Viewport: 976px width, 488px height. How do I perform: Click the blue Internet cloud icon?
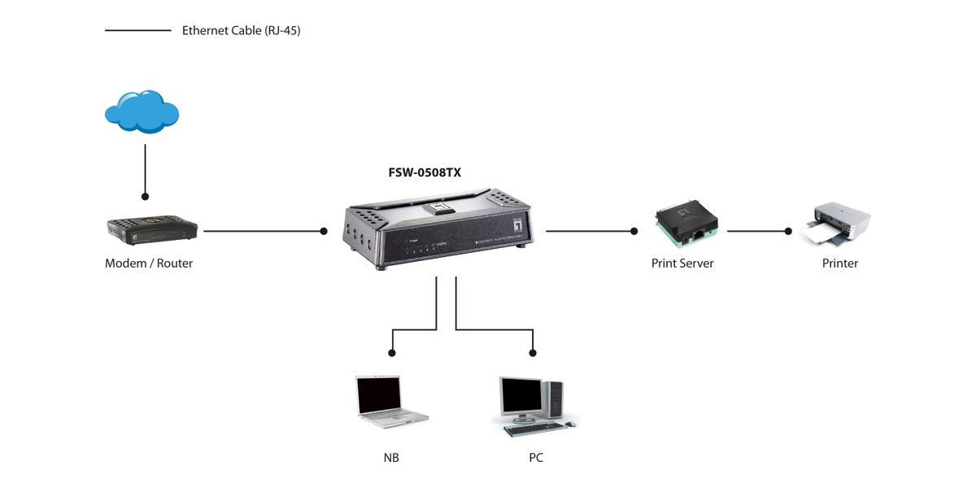[x=142, y=111]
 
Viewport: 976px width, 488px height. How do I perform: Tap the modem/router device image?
[x=152, y=229]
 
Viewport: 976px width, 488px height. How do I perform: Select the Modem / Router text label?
[x=149, y=264]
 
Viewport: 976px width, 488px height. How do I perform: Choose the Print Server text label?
[x=682, y=264]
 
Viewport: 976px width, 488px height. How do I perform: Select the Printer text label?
[x=840, y=264]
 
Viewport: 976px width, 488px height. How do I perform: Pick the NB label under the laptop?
[x=391, y=458]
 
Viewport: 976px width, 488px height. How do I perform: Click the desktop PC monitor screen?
[x=521, y=396]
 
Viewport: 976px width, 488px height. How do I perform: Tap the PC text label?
[x=536, y=458]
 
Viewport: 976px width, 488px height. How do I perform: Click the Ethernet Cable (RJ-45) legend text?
[x=242, y=31]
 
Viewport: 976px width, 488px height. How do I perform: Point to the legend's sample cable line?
[x=137, y=31]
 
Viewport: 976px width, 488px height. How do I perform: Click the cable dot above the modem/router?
[x=145, y=197]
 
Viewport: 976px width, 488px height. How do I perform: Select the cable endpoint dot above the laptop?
[x=392, y=353]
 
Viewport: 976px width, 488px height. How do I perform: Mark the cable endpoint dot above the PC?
[x=533, y=353]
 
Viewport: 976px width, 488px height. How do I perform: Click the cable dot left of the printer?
[x=787, y=231]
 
